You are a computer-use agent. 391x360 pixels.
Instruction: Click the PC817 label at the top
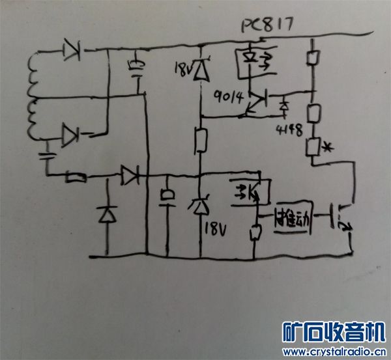coord(266,25)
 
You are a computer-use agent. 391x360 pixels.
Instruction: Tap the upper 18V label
coord(184,67)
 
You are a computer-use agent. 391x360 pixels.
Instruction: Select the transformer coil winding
coord(33,98)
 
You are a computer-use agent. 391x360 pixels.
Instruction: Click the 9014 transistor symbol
coord(258,102)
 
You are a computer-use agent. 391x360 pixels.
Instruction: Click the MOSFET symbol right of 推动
coord(341,218)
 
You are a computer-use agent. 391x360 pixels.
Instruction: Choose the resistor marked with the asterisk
coord(314,146)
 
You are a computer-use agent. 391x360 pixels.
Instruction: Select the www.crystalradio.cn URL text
coord(332,352)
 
